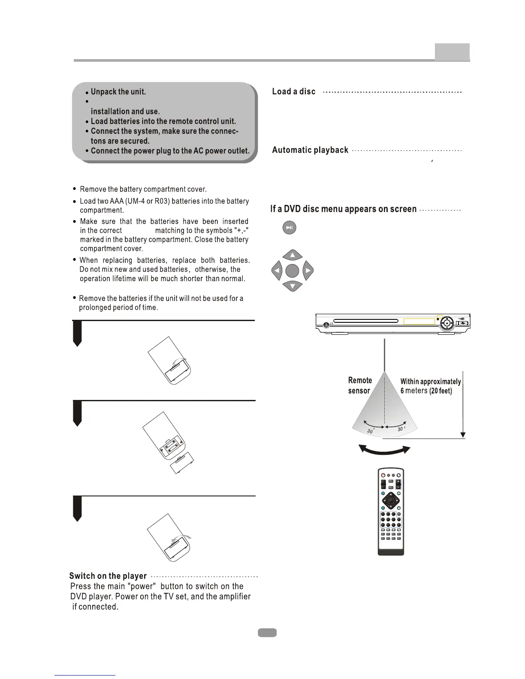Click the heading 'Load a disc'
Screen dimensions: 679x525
(294, 92)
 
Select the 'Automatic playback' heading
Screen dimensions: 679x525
(310, 150)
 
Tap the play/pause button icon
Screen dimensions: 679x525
(290, 228)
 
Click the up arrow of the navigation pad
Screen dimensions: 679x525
(293, 255)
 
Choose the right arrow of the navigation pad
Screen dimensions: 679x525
(308, 271)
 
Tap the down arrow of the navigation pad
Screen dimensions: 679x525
(293, 285)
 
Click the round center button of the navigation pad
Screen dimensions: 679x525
(292, 271)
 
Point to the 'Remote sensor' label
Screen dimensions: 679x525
(359, 385)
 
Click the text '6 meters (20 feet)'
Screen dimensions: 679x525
(426, 391)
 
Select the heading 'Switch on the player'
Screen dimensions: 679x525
(108, 576)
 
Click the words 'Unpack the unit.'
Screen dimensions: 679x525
(118, 92)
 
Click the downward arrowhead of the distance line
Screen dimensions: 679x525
(463, 435)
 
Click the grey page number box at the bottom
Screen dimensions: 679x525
(267, 633)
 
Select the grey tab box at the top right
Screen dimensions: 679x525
(452, 52)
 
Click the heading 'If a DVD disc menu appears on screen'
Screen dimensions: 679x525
(344, 209)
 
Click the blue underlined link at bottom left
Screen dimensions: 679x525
(85, 675)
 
